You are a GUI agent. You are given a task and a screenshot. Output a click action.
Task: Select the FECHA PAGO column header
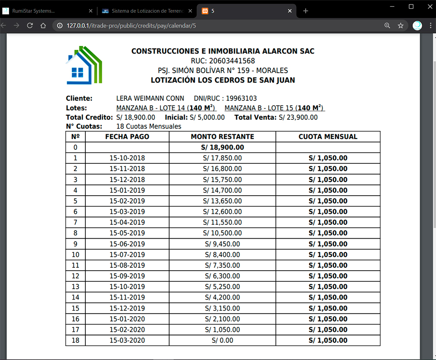[x=127, y=137]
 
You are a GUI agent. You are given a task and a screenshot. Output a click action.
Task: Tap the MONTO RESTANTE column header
[x=223, y=137]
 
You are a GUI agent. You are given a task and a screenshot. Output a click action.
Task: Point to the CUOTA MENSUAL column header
[x=328, y=137]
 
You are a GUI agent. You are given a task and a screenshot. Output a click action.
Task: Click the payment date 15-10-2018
[x=127, y=158]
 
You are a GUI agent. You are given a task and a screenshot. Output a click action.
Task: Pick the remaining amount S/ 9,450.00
[x=223, y=244]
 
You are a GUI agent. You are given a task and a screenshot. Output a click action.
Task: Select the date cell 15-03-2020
[x=127, y=340]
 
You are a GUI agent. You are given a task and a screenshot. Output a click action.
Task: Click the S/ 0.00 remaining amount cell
[x=223, y=340]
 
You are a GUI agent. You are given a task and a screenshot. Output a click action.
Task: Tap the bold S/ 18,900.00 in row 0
[x=223, y=148]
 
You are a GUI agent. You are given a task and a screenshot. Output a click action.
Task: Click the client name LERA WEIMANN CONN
[x=150, y=99]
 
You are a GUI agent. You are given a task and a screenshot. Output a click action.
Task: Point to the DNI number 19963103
[x=242, y=99]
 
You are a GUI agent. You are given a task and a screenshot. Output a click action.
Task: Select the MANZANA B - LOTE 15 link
[x=274, y=108]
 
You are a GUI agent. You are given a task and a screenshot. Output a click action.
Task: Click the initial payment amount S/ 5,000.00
[x=207, y=118]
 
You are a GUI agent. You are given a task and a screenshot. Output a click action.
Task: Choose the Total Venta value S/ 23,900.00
[x=298, y=118]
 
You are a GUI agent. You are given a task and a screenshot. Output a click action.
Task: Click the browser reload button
[x=30, y=26]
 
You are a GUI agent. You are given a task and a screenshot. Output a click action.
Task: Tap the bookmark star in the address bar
[x=401, y=26]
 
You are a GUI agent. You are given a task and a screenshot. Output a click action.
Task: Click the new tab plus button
[x=306, y=11]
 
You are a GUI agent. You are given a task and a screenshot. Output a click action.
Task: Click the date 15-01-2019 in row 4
[x=127, y=190]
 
